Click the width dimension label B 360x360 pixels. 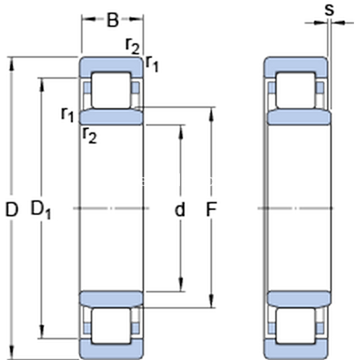click(113, 20)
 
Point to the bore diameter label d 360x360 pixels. click(179, 209)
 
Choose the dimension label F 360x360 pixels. click(211, 209)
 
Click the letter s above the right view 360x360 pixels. click(328, 9)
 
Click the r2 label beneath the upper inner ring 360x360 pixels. click(89, 135)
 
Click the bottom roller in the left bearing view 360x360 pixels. click(110, 328)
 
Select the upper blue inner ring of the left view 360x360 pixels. click(112, 116)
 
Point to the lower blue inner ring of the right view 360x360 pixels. click(298, 298)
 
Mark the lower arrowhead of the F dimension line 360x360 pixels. click(212, 302)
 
